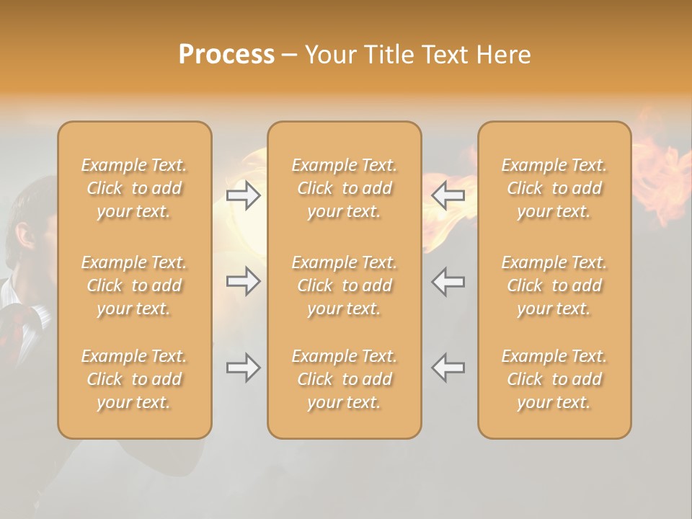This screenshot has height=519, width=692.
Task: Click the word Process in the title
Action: [226, 55]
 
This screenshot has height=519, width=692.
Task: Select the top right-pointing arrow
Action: [243, 195]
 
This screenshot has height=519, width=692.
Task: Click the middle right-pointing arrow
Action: [243, 281]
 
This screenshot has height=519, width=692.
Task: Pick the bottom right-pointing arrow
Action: [243, 368]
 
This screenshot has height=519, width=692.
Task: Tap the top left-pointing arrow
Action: [448, 195]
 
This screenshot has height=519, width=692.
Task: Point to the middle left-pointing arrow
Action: [448, 281]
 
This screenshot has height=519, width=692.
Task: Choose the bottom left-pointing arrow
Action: [448, 368]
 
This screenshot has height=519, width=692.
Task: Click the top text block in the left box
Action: [134, 188]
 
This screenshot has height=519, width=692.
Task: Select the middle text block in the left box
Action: [134, 285]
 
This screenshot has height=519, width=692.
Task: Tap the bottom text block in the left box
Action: [134, 379]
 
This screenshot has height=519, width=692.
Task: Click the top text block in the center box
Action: [344, 188]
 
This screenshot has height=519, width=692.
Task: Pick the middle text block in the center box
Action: [344, 285]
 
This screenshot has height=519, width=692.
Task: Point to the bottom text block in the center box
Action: [344, 379]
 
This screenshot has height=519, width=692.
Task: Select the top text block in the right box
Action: [554, 188]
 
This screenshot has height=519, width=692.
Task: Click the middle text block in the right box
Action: [554, 285]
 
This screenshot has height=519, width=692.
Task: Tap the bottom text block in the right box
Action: [554, 379]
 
